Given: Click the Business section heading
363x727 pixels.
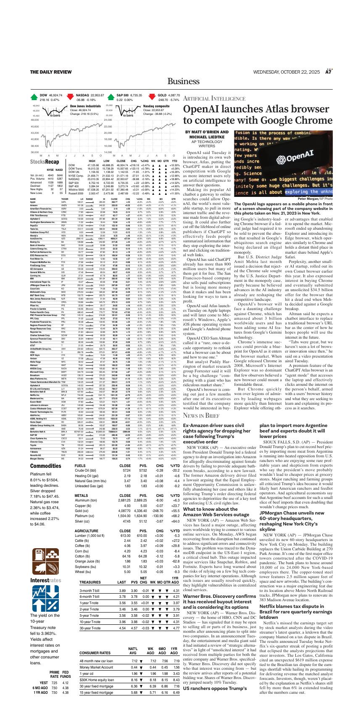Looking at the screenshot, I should coord(181,82).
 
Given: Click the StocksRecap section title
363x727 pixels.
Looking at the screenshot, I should coord(45,162).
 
